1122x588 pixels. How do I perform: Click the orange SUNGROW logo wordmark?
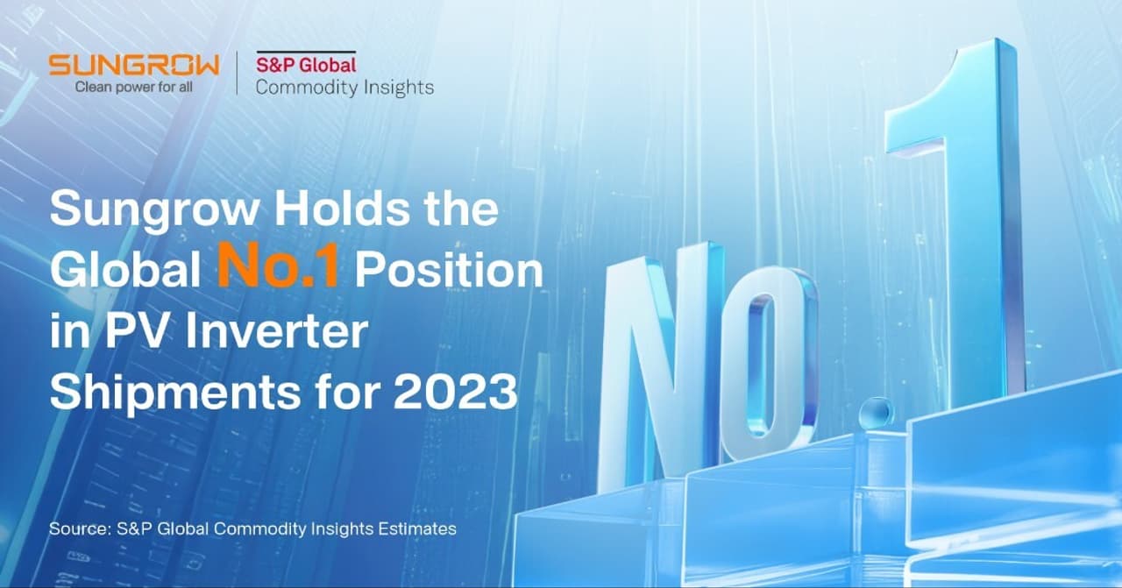(x=133, y=65)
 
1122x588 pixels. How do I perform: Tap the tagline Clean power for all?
(x=133, y=87)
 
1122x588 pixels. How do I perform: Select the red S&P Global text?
(x=306, y=64)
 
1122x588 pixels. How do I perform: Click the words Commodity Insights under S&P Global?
(x=344, y=87)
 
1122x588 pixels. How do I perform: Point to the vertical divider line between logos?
(x=238, y=74)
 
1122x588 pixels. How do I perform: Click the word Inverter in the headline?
(x=275, y=334)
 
